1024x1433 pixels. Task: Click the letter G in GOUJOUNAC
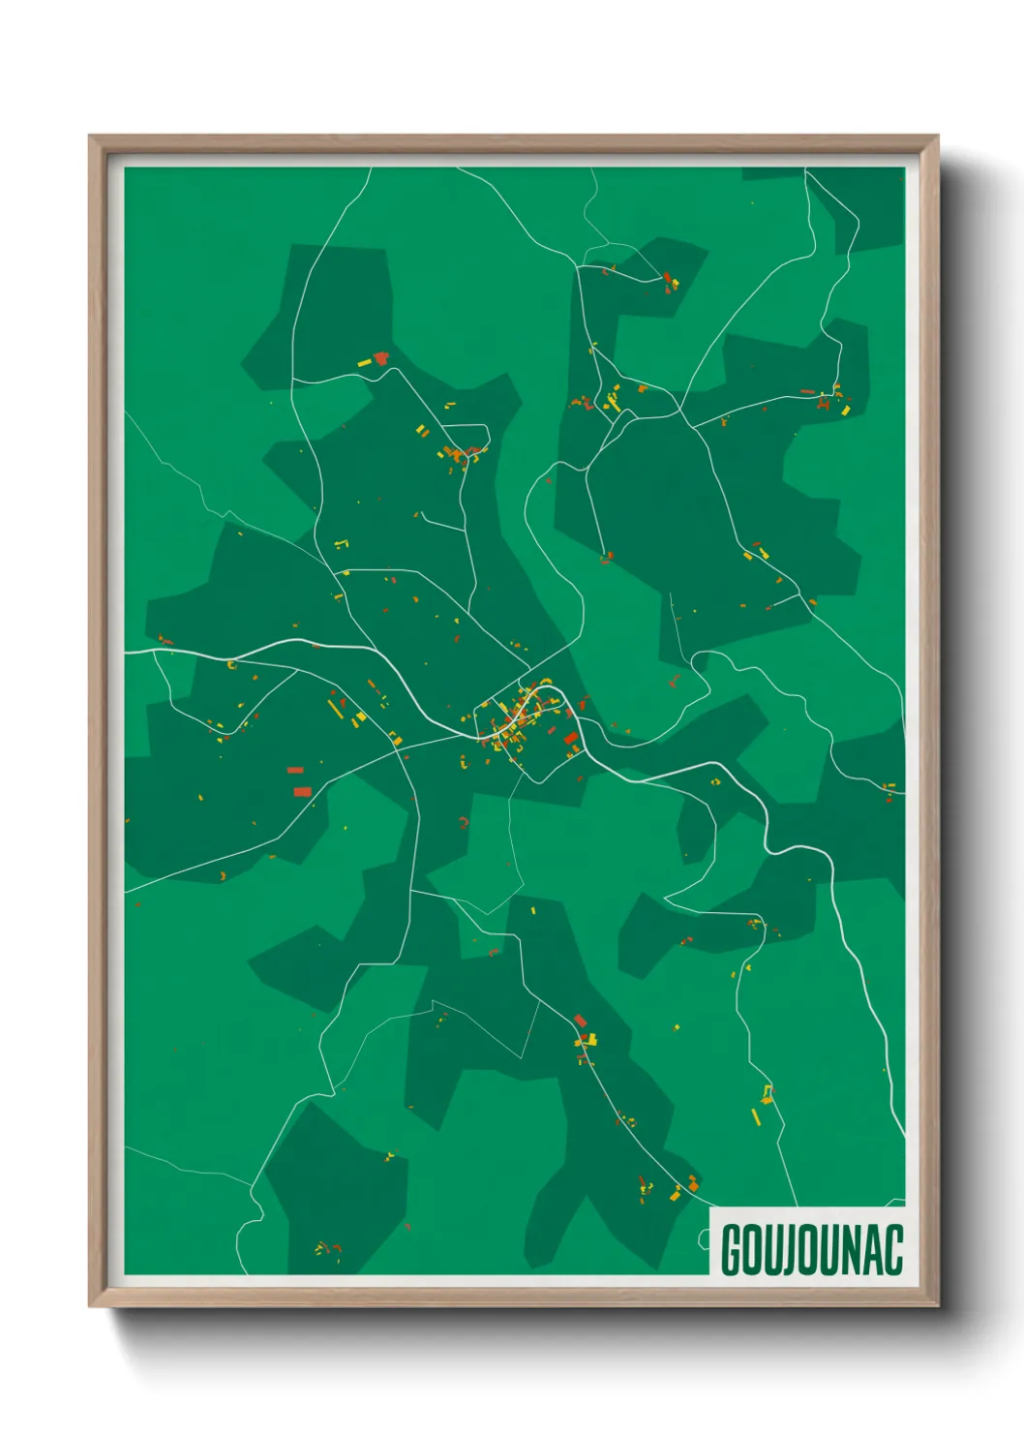point(732,1250)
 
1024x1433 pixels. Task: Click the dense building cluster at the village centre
point(518,721)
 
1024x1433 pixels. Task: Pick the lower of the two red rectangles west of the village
point(302,791)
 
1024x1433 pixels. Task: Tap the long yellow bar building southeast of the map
point(756,1116)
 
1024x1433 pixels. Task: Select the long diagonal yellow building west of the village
point(335,709)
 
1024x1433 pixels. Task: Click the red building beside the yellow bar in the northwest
point(380,358)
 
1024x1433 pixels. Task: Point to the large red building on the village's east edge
point(571,739)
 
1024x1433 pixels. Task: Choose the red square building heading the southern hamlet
point(580,1020)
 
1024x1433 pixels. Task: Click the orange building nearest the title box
point(692,1184)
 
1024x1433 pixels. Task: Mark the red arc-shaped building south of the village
point(465,822)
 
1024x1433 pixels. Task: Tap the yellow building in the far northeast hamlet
point(844,411)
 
